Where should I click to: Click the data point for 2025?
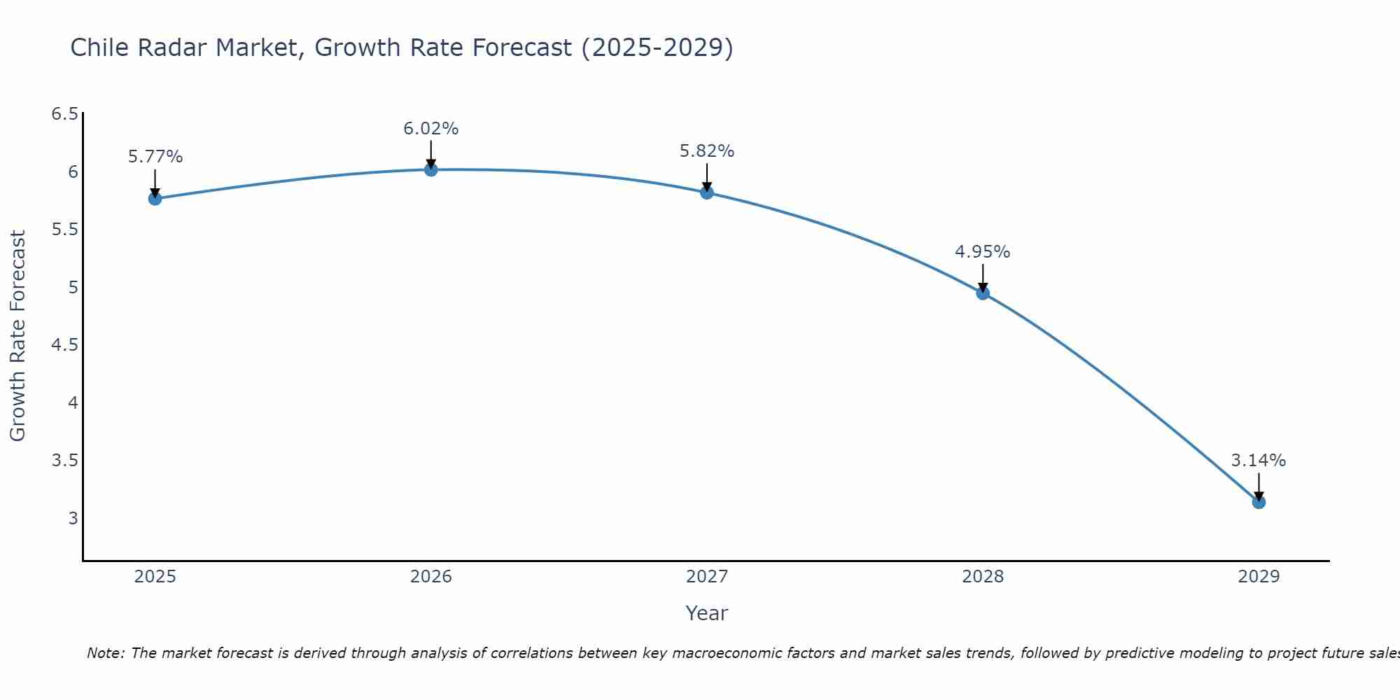[155, 199]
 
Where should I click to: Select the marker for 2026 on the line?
[430, 169]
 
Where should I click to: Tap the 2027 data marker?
[706, 192]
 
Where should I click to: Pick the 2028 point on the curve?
[983, 293]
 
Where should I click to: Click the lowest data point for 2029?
[1259, 502]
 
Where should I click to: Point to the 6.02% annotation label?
[430, 129]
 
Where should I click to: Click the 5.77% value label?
[155, 157]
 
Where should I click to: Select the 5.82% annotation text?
[706, 151]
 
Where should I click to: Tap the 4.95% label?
[982, 252]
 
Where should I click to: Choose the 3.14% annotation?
[1258, 461]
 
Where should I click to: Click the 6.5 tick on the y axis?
[65, 114]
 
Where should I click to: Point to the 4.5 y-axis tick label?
[65, 345]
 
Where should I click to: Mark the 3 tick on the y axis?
[73, 519]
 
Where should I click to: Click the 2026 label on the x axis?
[430, 577]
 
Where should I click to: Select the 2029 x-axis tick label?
[1258, 577]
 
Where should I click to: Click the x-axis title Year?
[706, 613]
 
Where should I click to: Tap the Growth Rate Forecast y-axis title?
[17, 336]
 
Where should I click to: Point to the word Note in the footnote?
[104, 653]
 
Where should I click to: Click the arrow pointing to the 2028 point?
[983, 278]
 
